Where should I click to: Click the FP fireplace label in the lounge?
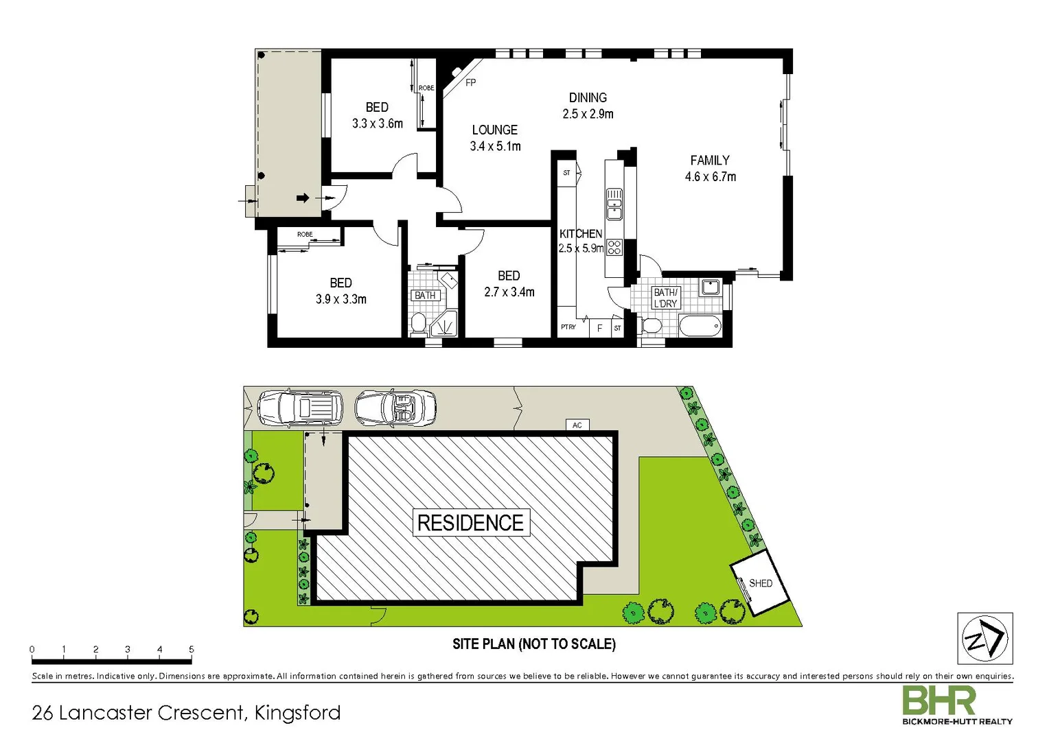[470, 82]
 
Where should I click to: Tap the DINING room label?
[588, 98]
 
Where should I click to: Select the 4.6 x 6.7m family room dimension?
[710, 177]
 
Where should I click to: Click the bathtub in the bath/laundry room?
[700, 326]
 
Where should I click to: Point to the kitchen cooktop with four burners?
[614, 247]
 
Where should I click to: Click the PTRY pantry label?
[568, 327]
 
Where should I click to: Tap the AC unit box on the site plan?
[577, 425]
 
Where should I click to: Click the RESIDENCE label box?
[470, 523]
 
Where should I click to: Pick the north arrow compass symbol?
[984, 639]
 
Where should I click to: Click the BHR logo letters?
[938, 701]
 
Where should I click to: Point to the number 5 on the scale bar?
[192, 649]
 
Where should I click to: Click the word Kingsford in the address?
[297, 713]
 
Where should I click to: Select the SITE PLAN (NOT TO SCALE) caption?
[533, 644]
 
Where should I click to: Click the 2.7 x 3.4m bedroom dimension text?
[509, 292]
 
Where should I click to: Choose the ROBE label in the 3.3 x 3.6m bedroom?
[426, 88]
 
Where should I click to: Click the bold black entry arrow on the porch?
[303, 198]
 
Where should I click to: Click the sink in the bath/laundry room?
[711, 286]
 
